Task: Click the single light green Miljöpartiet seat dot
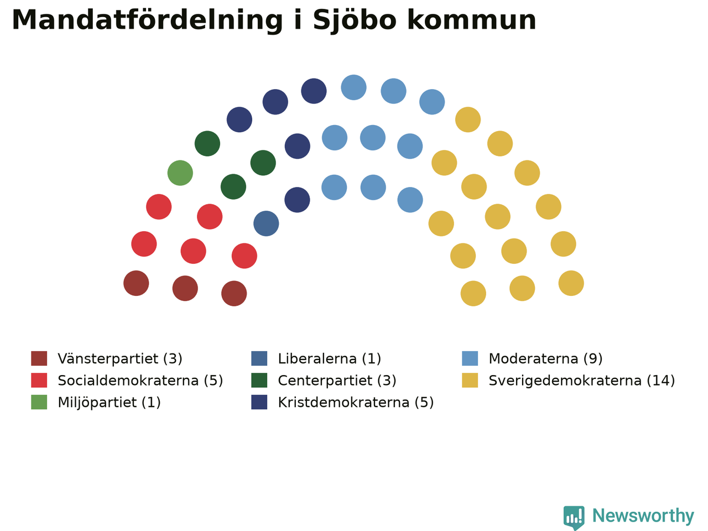pos(180,173)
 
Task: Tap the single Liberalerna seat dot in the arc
pos(266,223)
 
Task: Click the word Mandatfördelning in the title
pos(147,20)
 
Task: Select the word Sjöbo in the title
pos(354,20)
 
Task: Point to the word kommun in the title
pos(472,20)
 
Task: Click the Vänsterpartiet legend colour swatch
pos(39,358)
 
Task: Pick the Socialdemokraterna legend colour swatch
pos(39,380)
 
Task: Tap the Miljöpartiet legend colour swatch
pos(39,402)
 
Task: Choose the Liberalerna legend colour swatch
pos(259,358)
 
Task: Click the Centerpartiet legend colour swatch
pos(259,380)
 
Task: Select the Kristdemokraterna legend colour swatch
pos(259,402)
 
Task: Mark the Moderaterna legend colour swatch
pos(470,358)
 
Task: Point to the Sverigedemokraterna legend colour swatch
pos(470,380)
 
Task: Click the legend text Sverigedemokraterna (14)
pos(582,381)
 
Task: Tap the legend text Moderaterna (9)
pos(546,358)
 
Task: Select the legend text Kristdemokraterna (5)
pos(356,402)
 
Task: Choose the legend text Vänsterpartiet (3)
pos(120,358)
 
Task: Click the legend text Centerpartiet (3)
pos(337,381)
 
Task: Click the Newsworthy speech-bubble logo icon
pos(574,518)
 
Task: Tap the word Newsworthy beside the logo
pos(643,516)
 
